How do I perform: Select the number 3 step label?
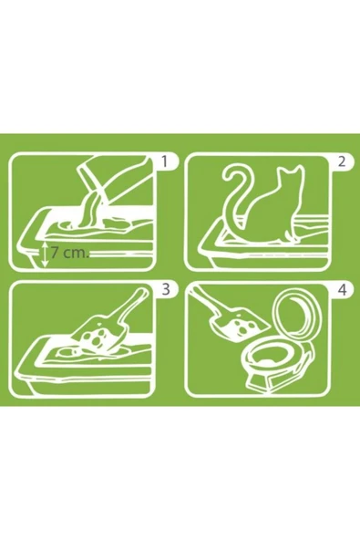coord(164,291)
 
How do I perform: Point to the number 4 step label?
coord(341,291)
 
